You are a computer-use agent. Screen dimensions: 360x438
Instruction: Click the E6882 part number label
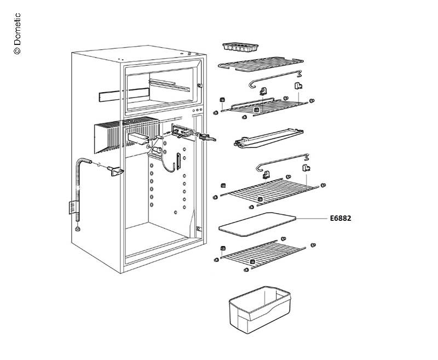[341, 218]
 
